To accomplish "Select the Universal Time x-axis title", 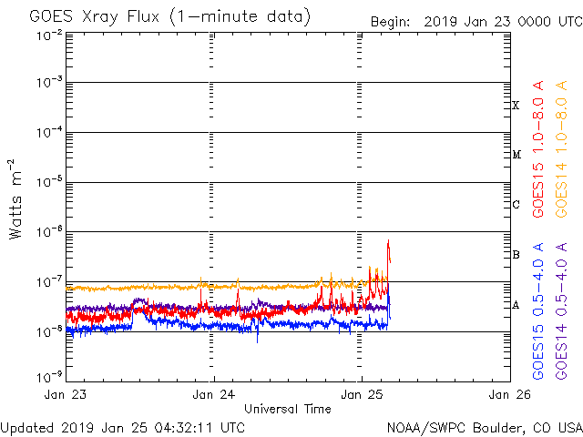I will click(x=287, y=409).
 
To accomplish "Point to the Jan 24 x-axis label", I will click(x=214, y=395).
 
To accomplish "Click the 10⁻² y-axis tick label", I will click(x=50, y=36).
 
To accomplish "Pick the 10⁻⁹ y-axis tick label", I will click(x=50, y=375).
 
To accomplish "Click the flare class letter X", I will click(x=516, y=106).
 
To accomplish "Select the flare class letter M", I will click(x=516, y=155).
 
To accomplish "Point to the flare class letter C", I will click(x=516, y=205).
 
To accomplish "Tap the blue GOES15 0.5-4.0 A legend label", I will click(x=538, y=310).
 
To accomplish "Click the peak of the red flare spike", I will click(x=388, y=240).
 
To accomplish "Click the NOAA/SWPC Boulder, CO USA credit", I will click(x=483, y=427).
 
